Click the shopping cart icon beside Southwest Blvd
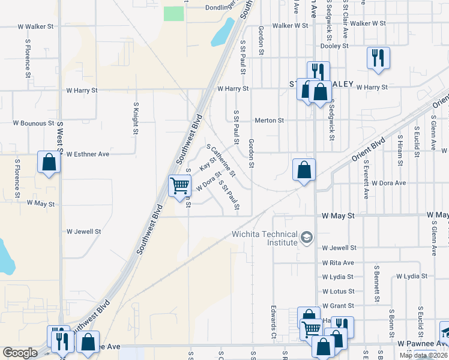179,185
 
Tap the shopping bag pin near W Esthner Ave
49,162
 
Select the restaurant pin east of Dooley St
378,58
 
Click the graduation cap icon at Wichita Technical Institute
307,238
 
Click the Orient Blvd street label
368,151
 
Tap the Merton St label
269,120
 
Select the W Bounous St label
34,123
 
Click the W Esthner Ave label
88,154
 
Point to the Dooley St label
335,46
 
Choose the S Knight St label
136,118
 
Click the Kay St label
208,164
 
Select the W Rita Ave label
339,263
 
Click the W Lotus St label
339,292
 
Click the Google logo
20,353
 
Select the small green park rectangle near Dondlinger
173,14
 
